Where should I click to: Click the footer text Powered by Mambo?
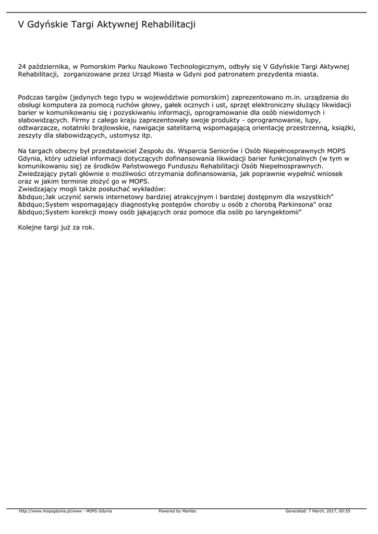coord(177,511)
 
